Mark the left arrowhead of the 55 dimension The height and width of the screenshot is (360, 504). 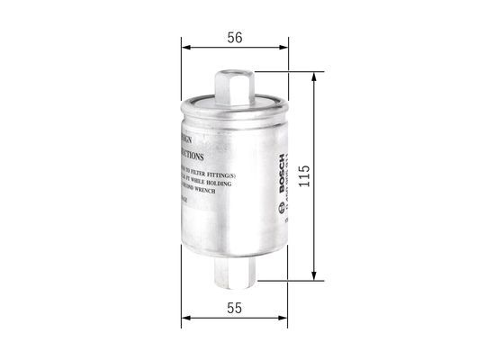184,317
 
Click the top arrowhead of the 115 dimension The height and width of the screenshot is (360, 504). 313,78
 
